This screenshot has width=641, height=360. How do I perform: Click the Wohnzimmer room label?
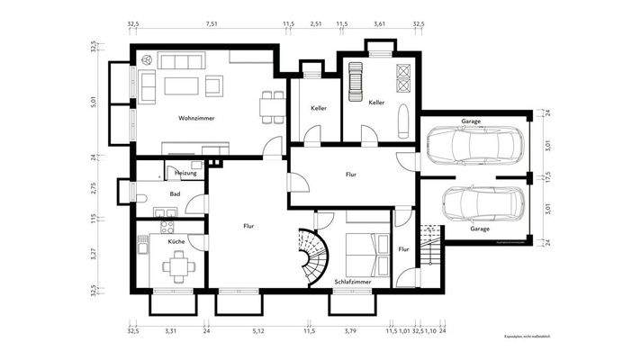click(x=196, y=119)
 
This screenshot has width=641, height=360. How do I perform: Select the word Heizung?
click(x=185, y=172)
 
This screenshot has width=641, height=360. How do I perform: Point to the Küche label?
click(x=176, y=242)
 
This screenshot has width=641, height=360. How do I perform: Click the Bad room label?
click(x=175, y=193)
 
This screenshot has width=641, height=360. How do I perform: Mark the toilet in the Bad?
click(x=140, y=196)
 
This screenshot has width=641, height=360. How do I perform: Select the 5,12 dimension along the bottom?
click(x=258, y=331)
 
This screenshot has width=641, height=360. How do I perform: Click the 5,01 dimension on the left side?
click(x=94, y=103)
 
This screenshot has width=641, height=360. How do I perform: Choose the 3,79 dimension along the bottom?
click(x=351, y=331)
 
